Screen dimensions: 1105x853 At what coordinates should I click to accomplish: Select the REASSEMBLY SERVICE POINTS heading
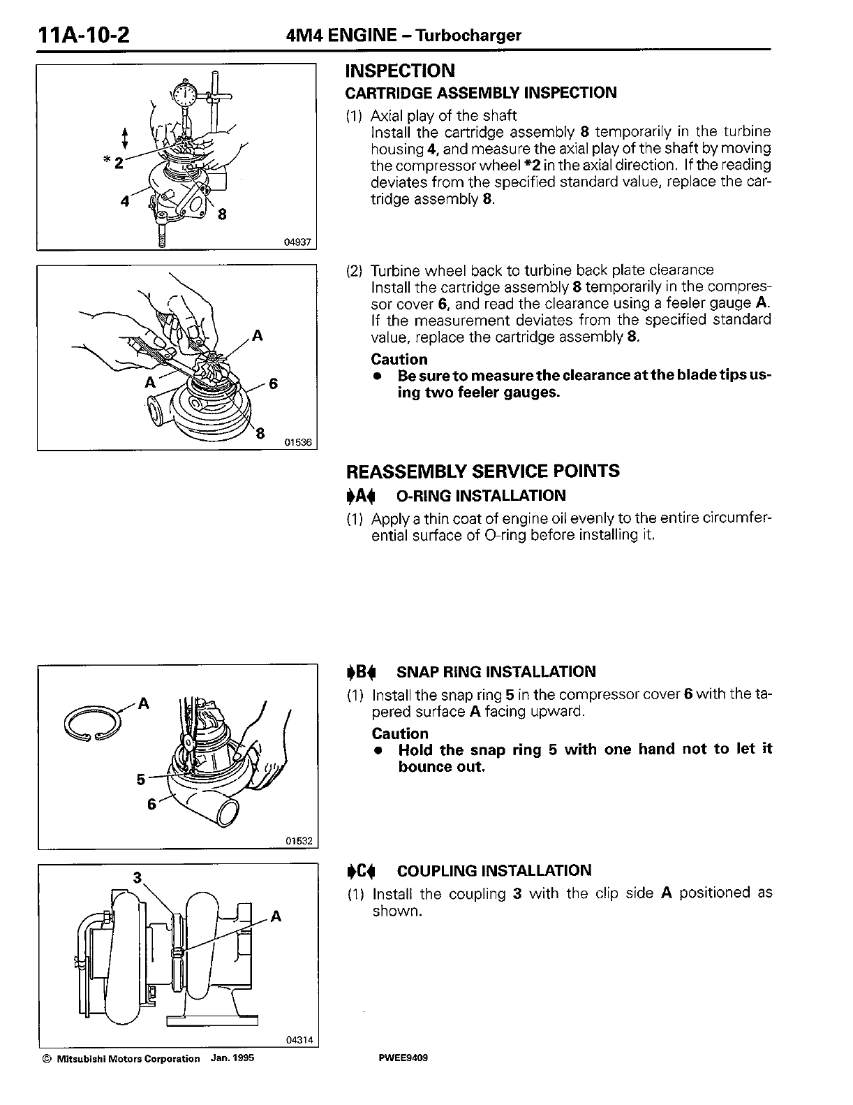click(482, 471)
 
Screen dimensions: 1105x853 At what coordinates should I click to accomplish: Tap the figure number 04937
click(299, 242)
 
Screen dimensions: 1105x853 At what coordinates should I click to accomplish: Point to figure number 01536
click(299, 442)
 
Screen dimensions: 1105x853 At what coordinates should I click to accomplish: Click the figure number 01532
click(299, 841)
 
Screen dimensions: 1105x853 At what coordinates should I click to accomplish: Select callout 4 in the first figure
click(125, 202)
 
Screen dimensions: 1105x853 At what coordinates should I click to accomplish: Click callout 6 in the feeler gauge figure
click(274, 384)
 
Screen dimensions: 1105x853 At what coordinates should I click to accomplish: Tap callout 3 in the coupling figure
click(138, 877)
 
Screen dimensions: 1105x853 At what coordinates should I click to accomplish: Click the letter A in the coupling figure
click(276, 916)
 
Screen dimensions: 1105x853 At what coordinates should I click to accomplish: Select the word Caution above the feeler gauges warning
click(399, 360)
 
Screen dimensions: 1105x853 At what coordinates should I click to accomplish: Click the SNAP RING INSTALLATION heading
click(496, 672)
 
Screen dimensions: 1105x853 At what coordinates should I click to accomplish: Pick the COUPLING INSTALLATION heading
click(494, 871)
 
